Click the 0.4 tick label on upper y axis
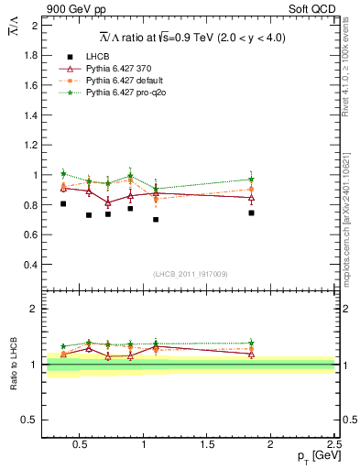[29, 265]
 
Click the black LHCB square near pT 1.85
[251, 213]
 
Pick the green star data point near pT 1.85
[251, 180]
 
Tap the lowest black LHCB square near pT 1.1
[156, 220]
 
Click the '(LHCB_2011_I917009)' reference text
[190, 274]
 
